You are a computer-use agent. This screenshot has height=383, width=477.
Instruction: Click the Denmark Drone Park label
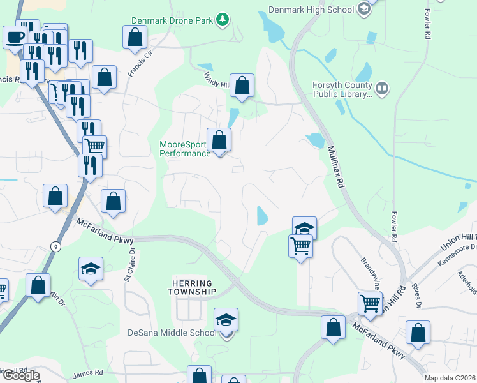click(x=172, y=20)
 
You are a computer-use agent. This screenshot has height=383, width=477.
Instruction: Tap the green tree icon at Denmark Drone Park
click(x=222, y=20)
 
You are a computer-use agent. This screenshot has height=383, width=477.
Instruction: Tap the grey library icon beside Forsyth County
click(x=382, y=88)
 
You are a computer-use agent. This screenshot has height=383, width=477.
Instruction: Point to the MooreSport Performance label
click(x=184, y=149)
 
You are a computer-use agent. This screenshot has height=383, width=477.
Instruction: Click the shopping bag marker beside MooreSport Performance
click(x=219, y=140)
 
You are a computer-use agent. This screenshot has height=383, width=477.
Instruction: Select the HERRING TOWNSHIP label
click(x=193, y=287)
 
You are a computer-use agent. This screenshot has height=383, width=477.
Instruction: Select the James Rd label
click(x=88, y=373)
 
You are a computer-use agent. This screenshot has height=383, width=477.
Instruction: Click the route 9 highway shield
click(x=56, y=246)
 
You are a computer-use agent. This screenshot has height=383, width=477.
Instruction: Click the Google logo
click(x=21, y=375)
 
